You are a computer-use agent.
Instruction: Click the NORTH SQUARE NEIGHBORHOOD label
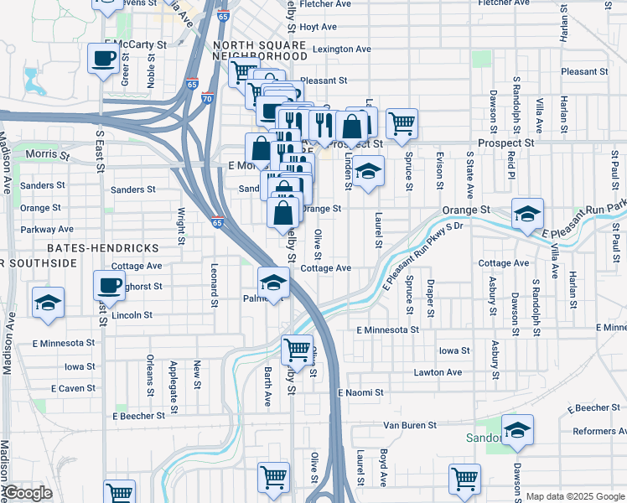(260, 49)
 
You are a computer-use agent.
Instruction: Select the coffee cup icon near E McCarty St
(103, 59)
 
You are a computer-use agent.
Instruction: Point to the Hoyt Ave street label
(318, 27)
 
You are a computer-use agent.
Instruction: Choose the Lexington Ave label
(342, 49)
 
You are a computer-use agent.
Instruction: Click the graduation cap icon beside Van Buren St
(518, 429)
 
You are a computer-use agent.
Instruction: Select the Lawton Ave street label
(437, 372)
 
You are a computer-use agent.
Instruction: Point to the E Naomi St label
(360, 392)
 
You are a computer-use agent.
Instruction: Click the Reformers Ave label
(595, 431)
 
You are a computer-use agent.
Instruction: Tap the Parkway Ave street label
(48, 229)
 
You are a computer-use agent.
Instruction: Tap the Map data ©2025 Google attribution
(574, 496)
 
